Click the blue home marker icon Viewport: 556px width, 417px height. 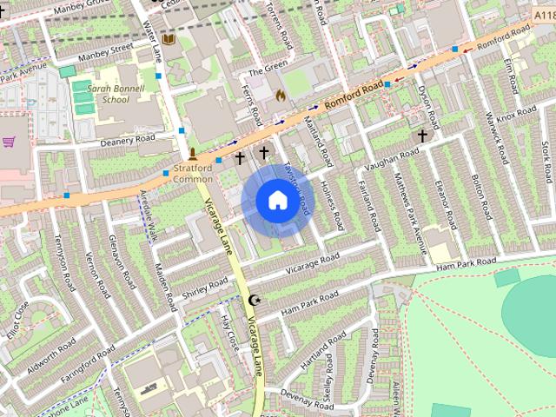click(276, 201)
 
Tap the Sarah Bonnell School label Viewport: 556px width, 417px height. click(103, 93)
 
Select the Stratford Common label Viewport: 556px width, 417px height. click(192, 173)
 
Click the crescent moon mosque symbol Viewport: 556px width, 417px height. click(255, 301)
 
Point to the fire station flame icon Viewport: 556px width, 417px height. click(280, 94)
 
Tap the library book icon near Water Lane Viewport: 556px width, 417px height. click(169, 40)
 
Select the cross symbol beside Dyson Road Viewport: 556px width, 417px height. click(423, 136)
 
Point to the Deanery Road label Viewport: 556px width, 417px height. click(127, 140)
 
